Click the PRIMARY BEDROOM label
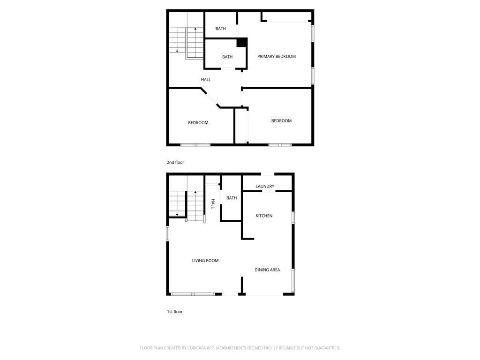click(x=277, y=56)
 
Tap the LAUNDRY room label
click(x=265, y=186)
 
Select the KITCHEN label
click(x=264, y=216)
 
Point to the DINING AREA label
click(x=267, y=270)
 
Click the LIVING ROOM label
click(x=205, y=261)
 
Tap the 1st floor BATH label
click(x=232, y=198)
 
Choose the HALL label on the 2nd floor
click(x=206, y=80)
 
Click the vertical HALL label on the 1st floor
click(x=213, y=204)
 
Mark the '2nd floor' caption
click(x=175, y=163)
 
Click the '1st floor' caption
click(x=174, y=312)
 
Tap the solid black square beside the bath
click(x=241, y=42)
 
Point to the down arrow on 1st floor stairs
click(x=177, y=203)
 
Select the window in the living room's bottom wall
click(x=193, y=294)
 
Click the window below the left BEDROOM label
click(x=195, y=145)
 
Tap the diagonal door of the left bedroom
click(x=211, y=98)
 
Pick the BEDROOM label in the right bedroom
click(x=281, y=121)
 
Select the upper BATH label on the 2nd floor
click(x=220, y=29)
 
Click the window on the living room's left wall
click(x=167, y=233)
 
